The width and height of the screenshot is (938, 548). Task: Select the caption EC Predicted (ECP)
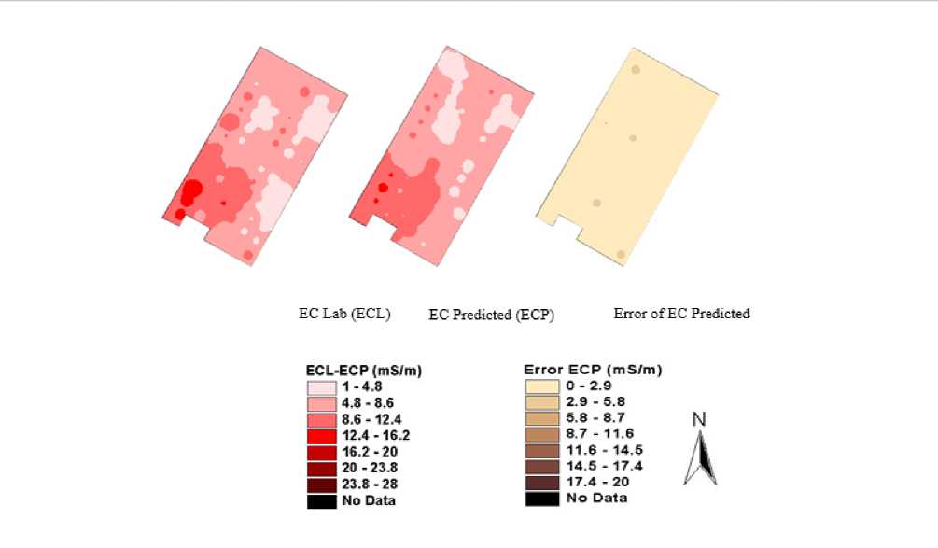[492, 316]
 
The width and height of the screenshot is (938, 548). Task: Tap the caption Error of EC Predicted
[681, 314]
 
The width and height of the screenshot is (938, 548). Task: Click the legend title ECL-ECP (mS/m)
[363, 371]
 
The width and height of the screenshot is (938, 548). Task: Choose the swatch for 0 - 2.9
[542, 385]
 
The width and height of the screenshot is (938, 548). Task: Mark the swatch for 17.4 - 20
[542, 482]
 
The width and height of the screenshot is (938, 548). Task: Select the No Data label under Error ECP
[596, 498]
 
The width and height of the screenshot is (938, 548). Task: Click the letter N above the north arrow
[698, 420]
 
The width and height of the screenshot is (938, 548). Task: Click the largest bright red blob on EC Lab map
[192, 191]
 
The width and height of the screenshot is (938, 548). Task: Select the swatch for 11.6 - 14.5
[542, 449]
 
